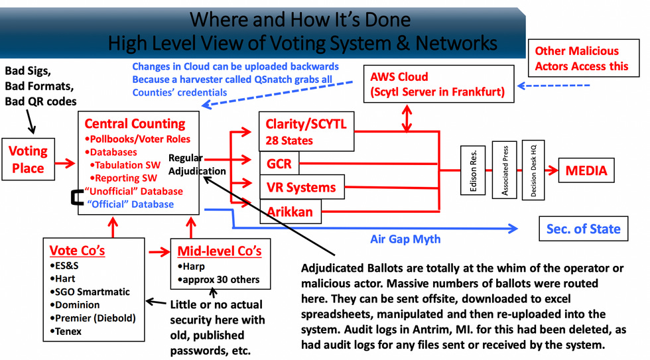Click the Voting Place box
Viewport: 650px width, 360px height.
click(28, 160)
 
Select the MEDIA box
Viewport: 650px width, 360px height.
click(586, 171)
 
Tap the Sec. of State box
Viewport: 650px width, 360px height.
click(583, 229)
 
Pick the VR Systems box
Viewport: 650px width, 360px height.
click(301, 188)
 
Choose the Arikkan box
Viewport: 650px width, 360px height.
click(291, 212)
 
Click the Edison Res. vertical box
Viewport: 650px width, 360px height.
click(474, 171)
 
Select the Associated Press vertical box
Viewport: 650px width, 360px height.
click(505, 171)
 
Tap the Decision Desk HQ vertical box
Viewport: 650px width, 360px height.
click(533, 171)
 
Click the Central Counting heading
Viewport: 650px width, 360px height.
click(135, 124)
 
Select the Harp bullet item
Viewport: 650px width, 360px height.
click(192, 267)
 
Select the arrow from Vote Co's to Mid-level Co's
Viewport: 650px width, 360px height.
click(157, 251)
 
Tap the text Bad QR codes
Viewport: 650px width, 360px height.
click(40, 101)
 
